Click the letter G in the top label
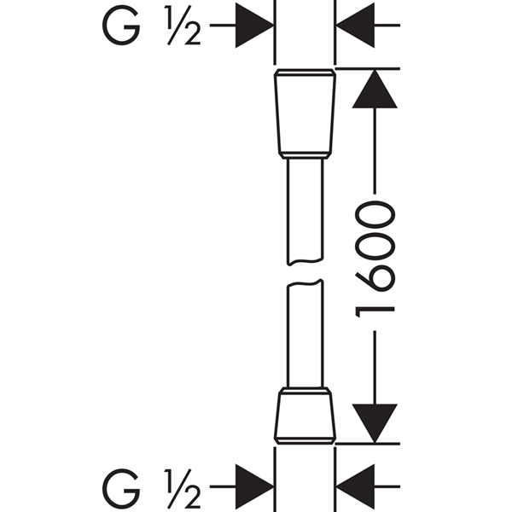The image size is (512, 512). (x=121, y=25)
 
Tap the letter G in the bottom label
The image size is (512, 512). (x=121, y=488)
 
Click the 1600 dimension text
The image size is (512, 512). (x=375, y=259)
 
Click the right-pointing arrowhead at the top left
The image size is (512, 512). (x=254, y=25)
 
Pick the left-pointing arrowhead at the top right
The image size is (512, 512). (x=355, y=25)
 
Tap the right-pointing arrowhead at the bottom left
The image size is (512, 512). (x=254, y=486)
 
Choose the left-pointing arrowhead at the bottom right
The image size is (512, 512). (x=355, y=486)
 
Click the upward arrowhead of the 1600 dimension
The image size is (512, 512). (x=375, y=89)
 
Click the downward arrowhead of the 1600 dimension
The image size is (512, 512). (x=375, y=423)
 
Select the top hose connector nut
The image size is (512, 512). (x=305, y=113)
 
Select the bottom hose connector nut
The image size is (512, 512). (x=305, y=416)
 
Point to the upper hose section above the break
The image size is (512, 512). (x=305, y=212)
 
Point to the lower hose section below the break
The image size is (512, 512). (x=305, y=334)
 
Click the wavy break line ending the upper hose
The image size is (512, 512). (x=305, y=262)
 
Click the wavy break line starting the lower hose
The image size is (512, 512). (x=305, y=283)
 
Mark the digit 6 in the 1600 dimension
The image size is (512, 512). (x=375, y=276)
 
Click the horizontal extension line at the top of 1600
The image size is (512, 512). (x=368, y=68)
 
